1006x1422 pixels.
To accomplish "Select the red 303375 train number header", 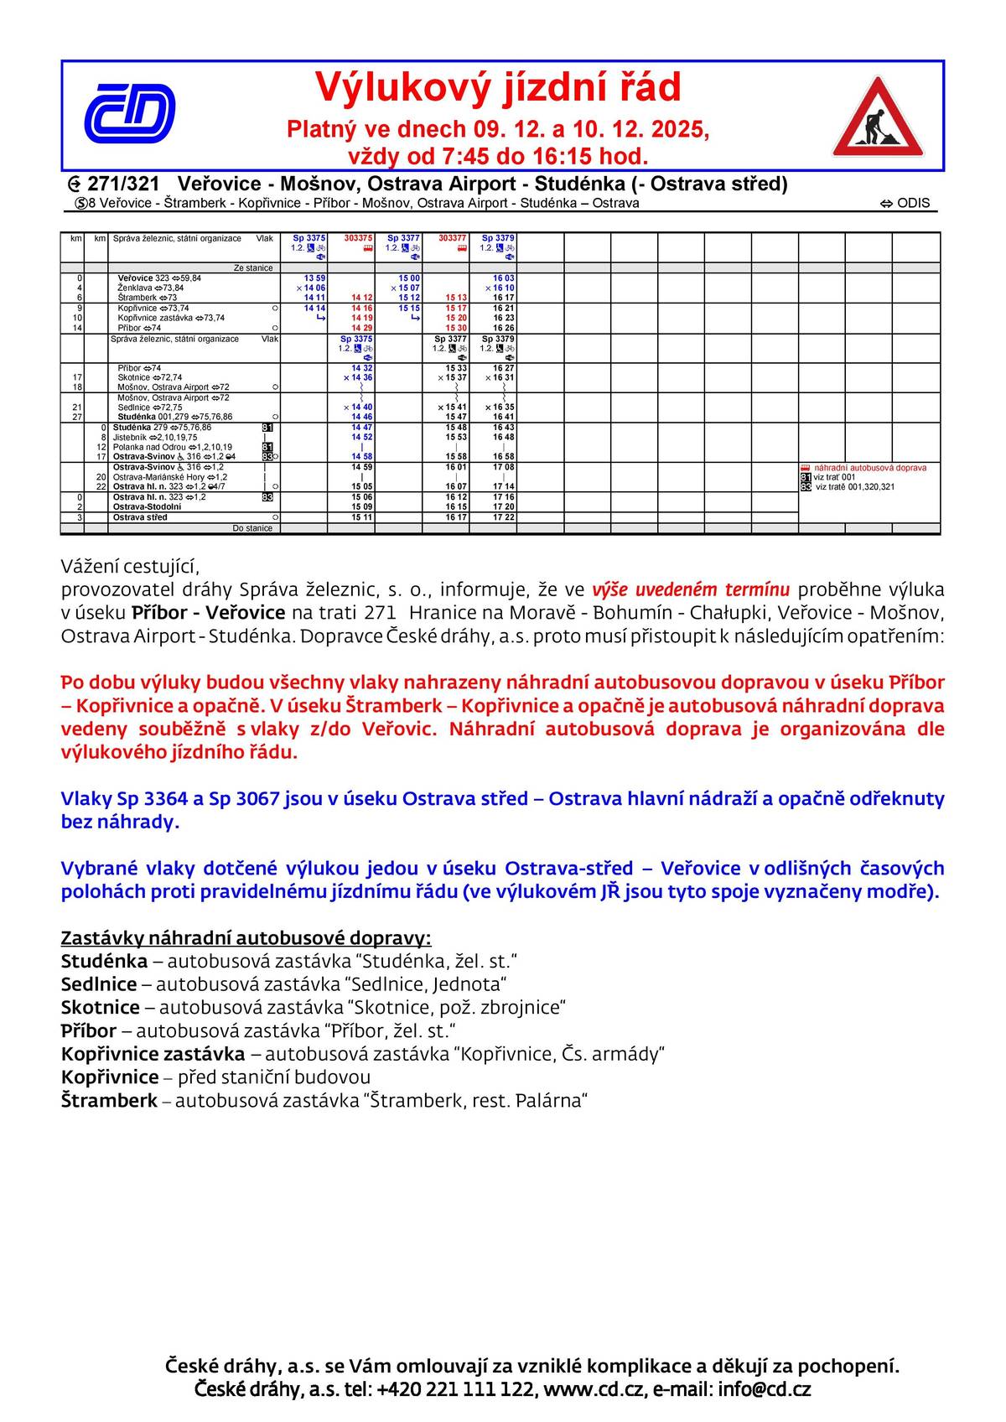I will (359, 238).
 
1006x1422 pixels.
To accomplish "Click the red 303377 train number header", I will (453, 238).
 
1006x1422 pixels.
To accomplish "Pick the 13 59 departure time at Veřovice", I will (314, 278).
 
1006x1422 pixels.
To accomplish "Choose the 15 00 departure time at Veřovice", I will (409, 278).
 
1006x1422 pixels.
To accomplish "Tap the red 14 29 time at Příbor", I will (362, 328).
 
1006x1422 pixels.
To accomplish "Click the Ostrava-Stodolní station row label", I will (148, 506).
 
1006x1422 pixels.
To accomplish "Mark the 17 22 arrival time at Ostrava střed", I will (504, 517).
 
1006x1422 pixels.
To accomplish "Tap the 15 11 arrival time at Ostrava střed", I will (362, 517).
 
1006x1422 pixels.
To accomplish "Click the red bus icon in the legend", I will (806, 468).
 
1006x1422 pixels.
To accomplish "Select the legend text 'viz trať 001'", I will (834, 477).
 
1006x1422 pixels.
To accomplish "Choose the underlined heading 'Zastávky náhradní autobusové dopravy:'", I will (246, 938).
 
